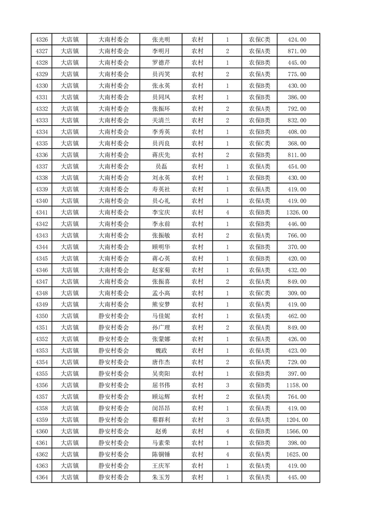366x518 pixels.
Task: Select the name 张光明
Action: [161, 40]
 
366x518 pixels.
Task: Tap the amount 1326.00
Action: [297, 212]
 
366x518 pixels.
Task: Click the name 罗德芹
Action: [161, 63]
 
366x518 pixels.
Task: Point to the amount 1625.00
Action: [297, 454]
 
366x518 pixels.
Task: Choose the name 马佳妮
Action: [161, 316]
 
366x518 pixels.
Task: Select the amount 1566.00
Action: [297, 431]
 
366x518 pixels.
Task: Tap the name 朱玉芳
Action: [161, 477]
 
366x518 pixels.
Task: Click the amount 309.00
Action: [297, 293]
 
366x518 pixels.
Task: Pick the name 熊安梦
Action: [161, 305]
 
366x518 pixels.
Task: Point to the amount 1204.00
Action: [297, 420]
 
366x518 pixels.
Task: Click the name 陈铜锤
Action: [161, 454]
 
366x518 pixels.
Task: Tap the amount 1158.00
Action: [297, 385]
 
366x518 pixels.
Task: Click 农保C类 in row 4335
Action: [260, 144]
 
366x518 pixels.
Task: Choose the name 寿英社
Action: [161, 189]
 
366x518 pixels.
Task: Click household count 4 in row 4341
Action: [228, 212]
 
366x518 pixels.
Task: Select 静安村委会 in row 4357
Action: [114, 397]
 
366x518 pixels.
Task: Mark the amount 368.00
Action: [297, 144]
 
